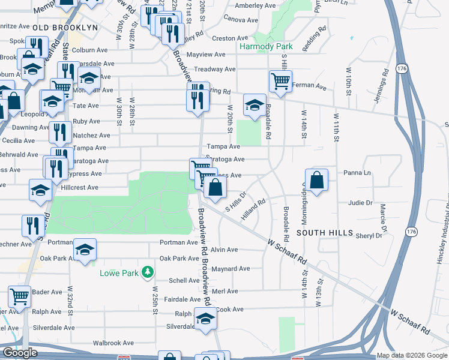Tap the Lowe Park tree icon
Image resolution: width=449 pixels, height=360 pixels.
[x=146, y=273]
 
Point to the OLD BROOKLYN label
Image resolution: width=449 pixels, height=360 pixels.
[x=65, y=28]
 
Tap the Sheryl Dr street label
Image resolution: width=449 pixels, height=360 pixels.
[x=368, y=236]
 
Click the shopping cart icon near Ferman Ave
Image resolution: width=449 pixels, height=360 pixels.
[x=280, y=81]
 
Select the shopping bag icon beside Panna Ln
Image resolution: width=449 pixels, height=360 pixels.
[x=316, y=179]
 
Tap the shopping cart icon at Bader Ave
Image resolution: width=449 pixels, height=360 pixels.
[x=20, y=296]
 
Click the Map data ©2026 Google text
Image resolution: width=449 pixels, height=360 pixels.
[x=411, y=355]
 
